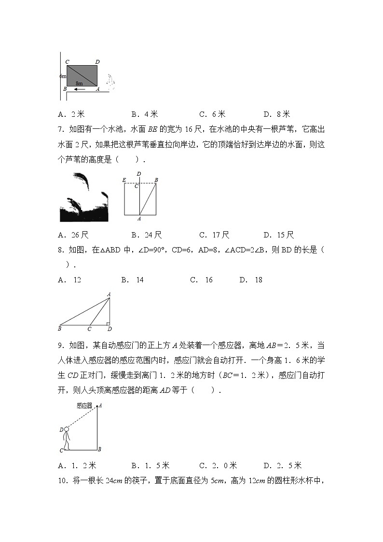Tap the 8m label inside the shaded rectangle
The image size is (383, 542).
pos(79,83)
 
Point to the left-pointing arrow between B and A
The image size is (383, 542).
pos(80,89)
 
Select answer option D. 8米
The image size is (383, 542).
pos(276,114)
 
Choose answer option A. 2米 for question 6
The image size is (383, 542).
pos(71,114)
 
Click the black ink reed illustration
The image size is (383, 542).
pos(83,197)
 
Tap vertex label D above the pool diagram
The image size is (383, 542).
pos(139,174)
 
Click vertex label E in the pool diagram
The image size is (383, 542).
pos(124,180)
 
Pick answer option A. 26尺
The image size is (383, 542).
pos(73,235)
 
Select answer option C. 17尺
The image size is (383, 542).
pos(214,235)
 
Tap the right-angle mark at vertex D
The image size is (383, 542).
pos(108,323)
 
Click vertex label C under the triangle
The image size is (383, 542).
pos(89,329)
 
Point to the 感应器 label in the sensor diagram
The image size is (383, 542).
pos(84,406)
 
